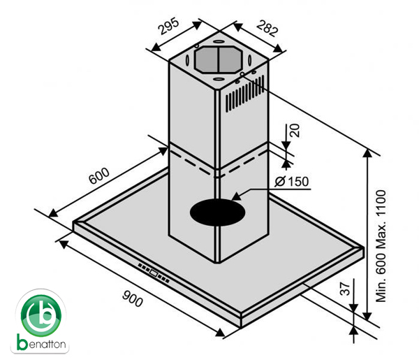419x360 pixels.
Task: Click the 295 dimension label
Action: coord(168,26)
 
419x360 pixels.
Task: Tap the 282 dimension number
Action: coord(267,28)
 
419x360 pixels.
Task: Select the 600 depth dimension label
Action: coord(99,175)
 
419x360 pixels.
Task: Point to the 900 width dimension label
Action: coord(133,298)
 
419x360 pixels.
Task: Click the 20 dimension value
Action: coord(295,131)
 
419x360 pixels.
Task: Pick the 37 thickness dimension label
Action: coord(346,289)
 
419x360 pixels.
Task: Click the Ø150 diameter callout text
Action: coord(292,181)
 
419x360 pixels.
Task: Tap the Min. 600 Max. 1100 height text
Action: coord(381,246)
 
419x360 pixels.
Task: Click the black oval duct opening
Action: coord(217,213)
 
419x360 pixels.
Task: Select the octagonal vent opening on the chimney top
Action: coord(219,59)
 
